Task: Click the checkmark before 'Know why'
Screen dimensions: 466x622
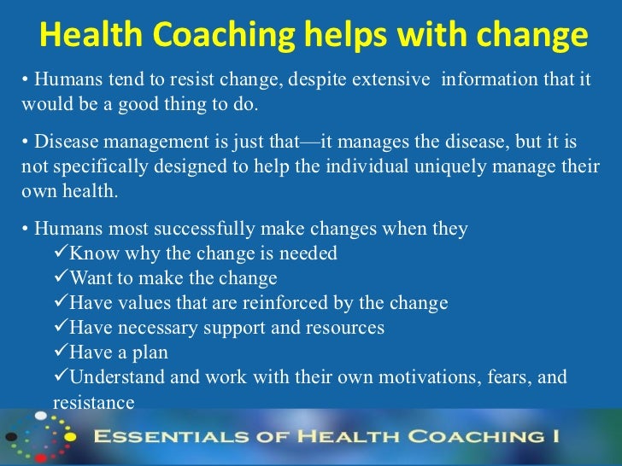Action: pos(60,253)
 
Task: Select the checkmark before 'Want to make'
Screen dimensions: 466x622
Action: pos(60,278)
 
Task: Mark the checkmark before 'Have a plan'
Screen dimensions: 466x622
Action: pos(60,352)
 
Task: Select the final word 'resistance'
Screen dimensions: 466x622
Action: pos(94,402)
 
